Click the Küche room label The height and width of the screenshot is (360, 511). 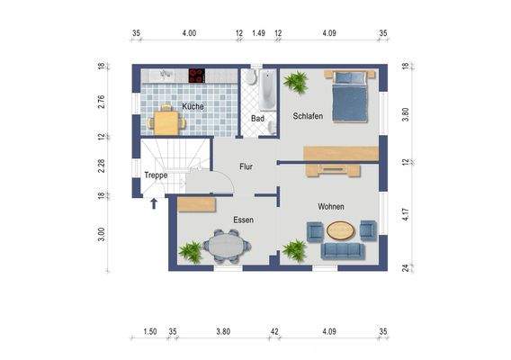193,106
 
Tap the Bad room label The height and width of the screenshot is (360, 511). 257,119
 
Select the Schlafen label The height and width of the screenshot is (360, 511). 308,116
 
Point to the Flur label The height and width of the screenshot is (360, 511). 246,166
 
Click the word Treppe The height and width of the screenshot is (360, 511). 156,175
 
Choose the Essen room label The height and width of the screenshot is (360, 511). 244,220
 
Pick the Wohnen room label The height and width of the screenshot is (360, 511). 331,206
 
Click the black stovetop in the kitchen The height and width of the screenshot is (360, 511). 197,76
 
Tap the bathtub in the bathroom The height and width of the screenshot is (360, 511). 267,90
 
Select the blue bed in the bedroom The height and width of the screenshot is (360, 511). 350,96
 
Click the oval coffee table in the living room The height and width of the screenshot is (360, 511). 340,230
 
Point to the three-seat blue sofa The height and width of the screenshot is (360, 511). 343,251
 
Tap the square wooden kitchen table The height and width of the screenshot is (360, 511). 166,122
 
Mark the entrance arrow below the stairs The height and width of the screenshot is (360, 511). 154,203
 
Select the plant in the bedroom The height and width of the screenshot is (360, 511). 296,82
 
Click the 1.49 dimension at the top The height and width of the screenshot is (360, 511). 258,33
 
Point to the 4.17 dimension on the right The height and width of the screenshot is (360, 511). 406,214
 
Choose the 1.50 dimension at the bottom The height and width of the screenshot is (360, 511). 150,331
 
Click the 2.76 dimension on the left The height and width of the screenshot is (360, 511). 101,102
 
